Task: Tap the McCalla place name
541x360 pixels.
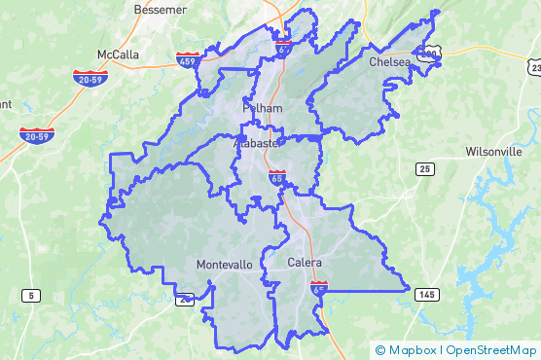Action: click(x=118, y=54)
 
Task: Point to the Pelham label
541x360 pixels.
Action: click(x=262, y=108)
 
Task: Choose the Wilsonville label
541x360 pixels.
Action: click(x=494, y=152)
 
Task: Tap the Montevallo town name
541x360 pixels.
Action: click(x=224, y=265)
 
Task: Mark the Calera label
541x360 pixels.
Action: click(x=305, y=263)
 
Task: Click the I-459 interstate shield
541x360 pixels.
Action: click(x=190, y=61)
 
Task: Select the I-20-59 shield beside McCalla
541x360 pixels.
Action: click(x=89, y=77)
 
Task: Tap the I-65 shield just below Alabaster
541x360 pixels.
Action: click(x=278, y=176)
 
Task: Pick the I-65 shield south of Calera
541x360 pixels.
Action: click(x=319, y=288)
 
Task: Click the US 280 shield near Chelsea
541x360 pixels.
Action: click(x=426, y=55)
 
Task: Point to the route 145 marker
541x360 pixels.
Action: click(x=425, y=294)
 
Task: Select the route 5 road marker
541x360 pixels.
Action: click(x=32, y=295)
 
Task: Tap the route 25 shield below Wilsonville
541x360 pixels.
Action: click(x=424, y=169)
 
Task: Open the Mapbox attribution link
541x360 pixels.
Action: click(x=412, y=350)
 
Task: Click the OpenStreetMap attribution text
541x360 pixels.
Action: click(x=491, y=350)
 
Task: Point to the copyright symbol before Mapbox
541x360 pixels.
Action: click(x=380, y=350)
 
